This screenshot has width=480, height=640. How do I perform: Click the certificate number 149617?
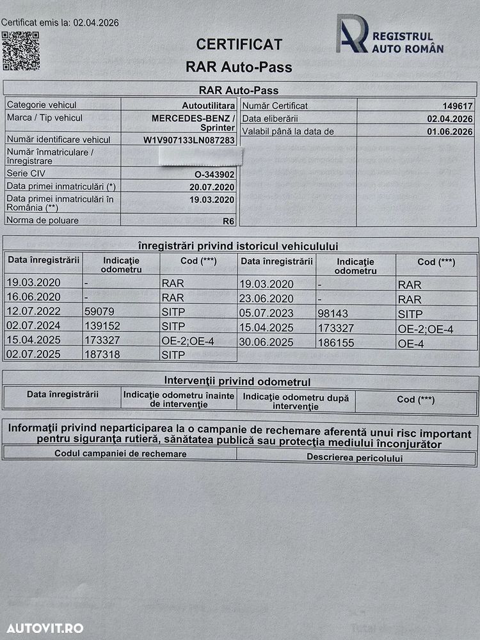pos(458,106)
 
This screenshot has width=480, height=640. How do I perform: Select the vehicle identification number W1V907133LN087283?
pos(189,140)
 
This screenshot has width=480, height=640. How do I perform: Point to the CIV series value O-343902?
pos(215,173)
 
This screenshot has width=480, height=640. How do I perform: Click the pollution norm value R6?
pos(228,221)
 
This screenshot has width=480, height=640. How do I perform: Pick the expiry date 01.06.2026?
pos(450,132)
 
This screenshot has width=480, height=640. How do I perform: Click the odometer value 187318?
pos(102,355)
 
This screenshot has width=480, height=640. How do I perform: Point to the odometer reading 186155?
pos(336,343)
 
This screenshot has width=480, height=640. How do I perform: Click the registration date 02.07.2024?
pos(33,326)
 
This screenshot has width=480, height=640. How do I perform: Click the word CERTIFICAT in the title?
pos(239,44)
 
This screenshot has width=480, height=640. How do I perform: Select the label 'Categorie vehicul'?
pos(42,105)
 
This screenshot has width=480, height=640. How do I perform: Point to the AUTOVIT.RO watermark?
pos(43,628)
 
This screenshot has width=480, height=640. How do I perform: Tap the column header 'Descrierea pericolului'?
pos(355,458)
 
